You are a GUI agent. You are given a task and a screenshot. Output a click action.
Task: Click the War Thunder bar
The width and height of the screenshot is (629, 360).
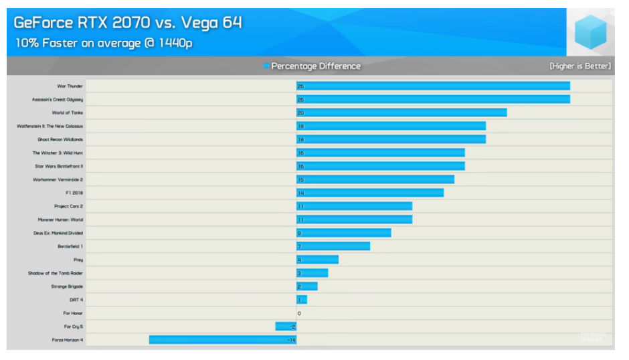(x=433, y=86)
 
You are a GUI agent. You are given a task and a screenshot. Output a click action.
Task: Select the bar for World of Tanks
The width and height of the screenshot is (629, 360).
(x=401, y=113)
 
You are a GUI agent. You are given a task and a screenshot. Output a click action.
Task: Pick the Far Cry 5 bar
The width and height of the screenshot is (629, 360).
(x=286, y=327)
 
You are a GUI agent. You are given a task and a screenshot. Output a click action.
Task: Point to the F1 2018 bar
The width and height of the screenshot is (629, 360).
(x=370, y=193)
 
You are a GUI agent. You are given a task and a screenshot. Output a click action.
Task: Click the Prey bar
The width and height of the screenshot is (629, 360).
(x=317, y=260)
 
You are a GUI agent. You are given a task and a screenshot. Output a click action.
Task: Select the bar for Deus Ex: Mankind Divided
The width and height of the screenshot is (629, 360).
(x=344, y=233)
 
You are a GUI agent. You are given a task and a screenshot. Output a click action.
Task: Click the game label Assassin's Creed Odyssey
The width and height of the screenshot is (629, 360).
(x=58, y=100)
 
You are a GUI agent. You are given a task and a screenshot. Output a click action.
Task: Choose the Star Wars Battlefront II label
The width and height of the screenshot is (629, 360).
(x=59, y=166)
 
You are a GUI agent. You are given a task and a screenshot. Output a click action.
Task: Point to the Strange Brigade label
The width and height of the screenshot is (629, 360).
(x=67, y=286)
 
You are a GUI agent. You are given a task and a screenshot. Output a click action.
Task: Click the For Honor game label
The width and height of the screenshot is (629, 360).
(x=73, y=313)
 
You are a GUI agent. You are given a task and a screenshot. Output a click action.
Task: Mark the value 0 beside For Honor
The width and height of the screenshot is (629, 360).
(x=299, y=313)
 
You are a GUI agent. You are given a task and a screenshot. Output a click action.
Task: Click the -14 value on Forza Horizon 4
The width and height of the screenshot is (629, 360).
(x=291, y=340)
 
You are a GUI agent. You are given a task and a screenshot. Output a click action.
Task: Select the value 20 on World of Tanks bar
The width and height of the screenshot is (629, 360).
(x=301, y=113)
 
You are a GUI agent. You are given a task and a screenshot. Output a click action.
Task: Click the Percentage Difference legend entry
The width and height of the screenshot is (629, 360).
(x=315, y=66)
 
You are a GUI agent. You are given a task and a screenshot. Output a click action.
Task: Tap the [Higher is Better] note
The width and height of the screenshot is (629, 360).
(x=580, y=66)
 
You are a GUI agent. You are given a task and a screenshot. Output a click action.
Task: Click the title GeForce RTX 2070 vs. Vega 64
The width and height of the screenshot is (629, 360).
(x=128, y=23)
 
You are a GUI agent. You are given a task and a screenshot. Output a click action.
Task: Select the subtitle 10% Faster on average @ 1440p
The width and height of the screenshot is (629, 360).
(x=104, y=43)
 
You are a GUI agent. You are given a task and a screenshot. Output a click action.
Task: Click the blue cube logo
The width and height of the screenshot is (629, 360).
(x=590, y=31)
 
